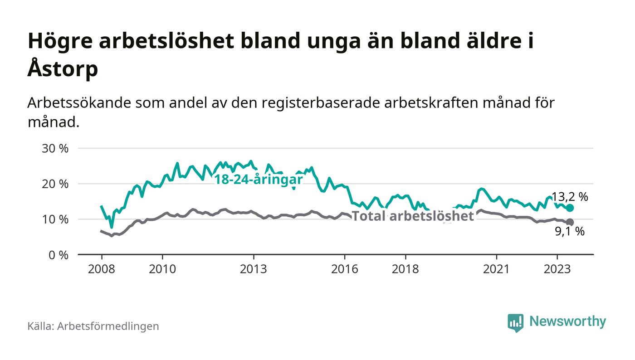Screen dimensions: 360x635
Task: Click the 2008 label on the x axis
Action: pos(101,269)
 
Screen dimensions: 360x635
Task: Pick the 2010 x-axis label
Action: pos(162,269)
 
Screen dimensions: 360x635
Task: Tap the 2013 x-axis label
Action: pos(254,269)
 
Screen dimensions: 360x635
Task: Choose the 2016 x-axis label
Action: pos(345,269)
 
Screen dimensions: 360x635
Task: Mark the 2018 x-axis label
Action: pos(405,269)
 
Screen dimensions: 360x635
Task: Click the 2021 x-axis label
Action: pos(497,269)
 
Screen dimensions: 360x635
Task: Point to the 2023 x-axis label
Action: pos(557,269)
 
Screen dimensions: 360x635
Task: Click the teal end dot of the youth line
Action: pos(570,208)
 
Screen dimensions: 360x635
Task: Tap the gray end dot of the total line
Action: pos(570,222)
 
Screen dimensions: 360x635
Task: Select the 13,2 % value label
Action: pos(570,197)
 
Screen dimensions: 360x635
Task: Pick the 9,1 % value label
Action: pos(570,232)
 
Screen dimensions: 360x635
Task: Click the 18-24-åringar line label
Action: pos(259,179)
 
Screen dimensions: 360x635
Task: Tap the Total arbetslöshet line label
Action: pos(413,216)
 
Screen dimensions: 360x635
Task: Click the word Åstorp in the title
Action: pos(63,69)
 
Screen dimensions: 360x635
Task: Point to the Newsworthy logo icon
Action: pos(515,322)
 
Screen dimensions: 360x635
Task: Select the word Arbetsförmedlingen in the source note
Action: pos(108,326)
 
